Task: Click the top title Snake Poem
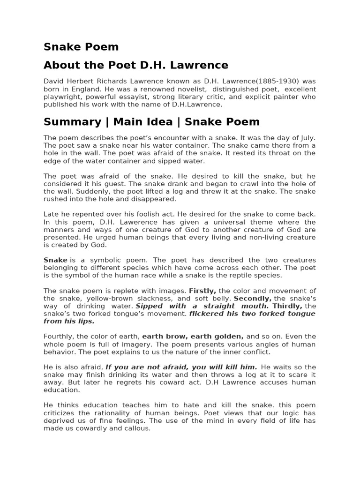coord(81,47)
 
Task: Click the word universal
coord(216,222)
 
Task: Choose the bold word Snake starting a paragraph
coord(55,260)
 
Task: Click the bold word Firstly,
coord(202,291)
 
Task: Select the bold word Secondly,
coord(253,298)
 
